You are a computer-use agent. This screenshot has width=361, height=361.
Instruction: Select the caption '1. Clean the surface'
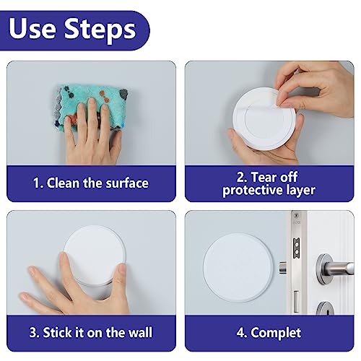[91, 183]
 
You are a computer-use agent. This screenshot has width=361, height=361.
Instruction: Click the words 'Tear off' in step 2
[282, 175]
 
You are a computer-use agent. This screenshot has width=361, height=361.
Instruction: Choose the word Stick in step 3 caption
[58, 333]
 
